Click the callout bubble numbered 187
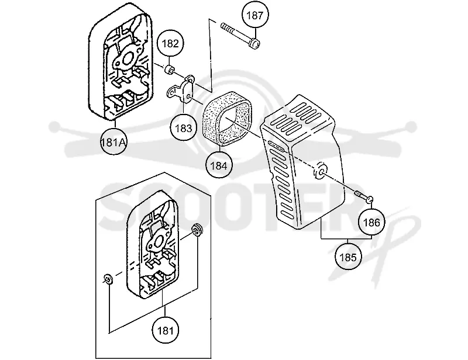tap(255, 15)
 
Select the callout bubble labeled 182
tap(170, 44)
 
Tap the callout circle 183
tap(183, 128)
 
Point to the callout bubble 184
tap(219, 165)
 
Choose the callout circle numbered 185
tap(348, 257)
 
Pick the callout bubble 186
tap(372, 222)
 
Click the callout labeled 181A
tap(113, 142)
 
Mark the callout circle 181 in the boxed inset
tap(165, 330)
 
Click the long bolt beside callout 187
tap(240, 36)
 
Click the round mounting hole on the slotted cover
tap(319, 171)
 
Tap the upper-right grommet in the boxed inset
tap(197, 229)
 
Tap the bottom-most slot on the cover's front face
tap(287, 215)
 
